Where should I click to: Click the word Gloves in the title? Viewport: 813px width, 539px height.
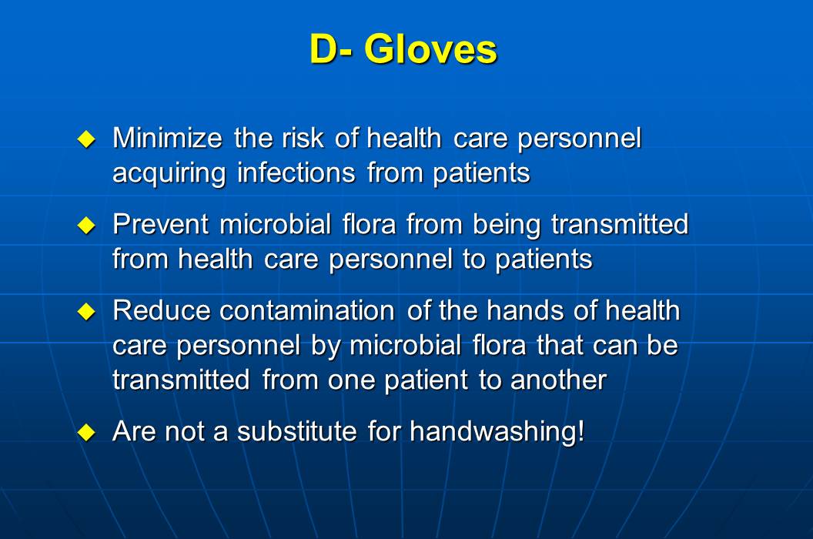[430, 49]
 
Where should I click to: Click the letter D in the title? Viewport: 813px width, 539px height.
[323, 49]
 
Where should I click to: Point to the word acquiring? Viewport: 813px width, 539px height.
[169, 173]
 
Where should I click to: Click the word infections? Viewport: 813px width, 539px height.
[296, 172]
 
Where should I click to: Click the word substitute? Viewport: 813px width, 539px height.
[297, 431]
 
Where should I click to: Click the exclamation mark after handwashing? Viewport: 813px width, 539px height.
[580, 431]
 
